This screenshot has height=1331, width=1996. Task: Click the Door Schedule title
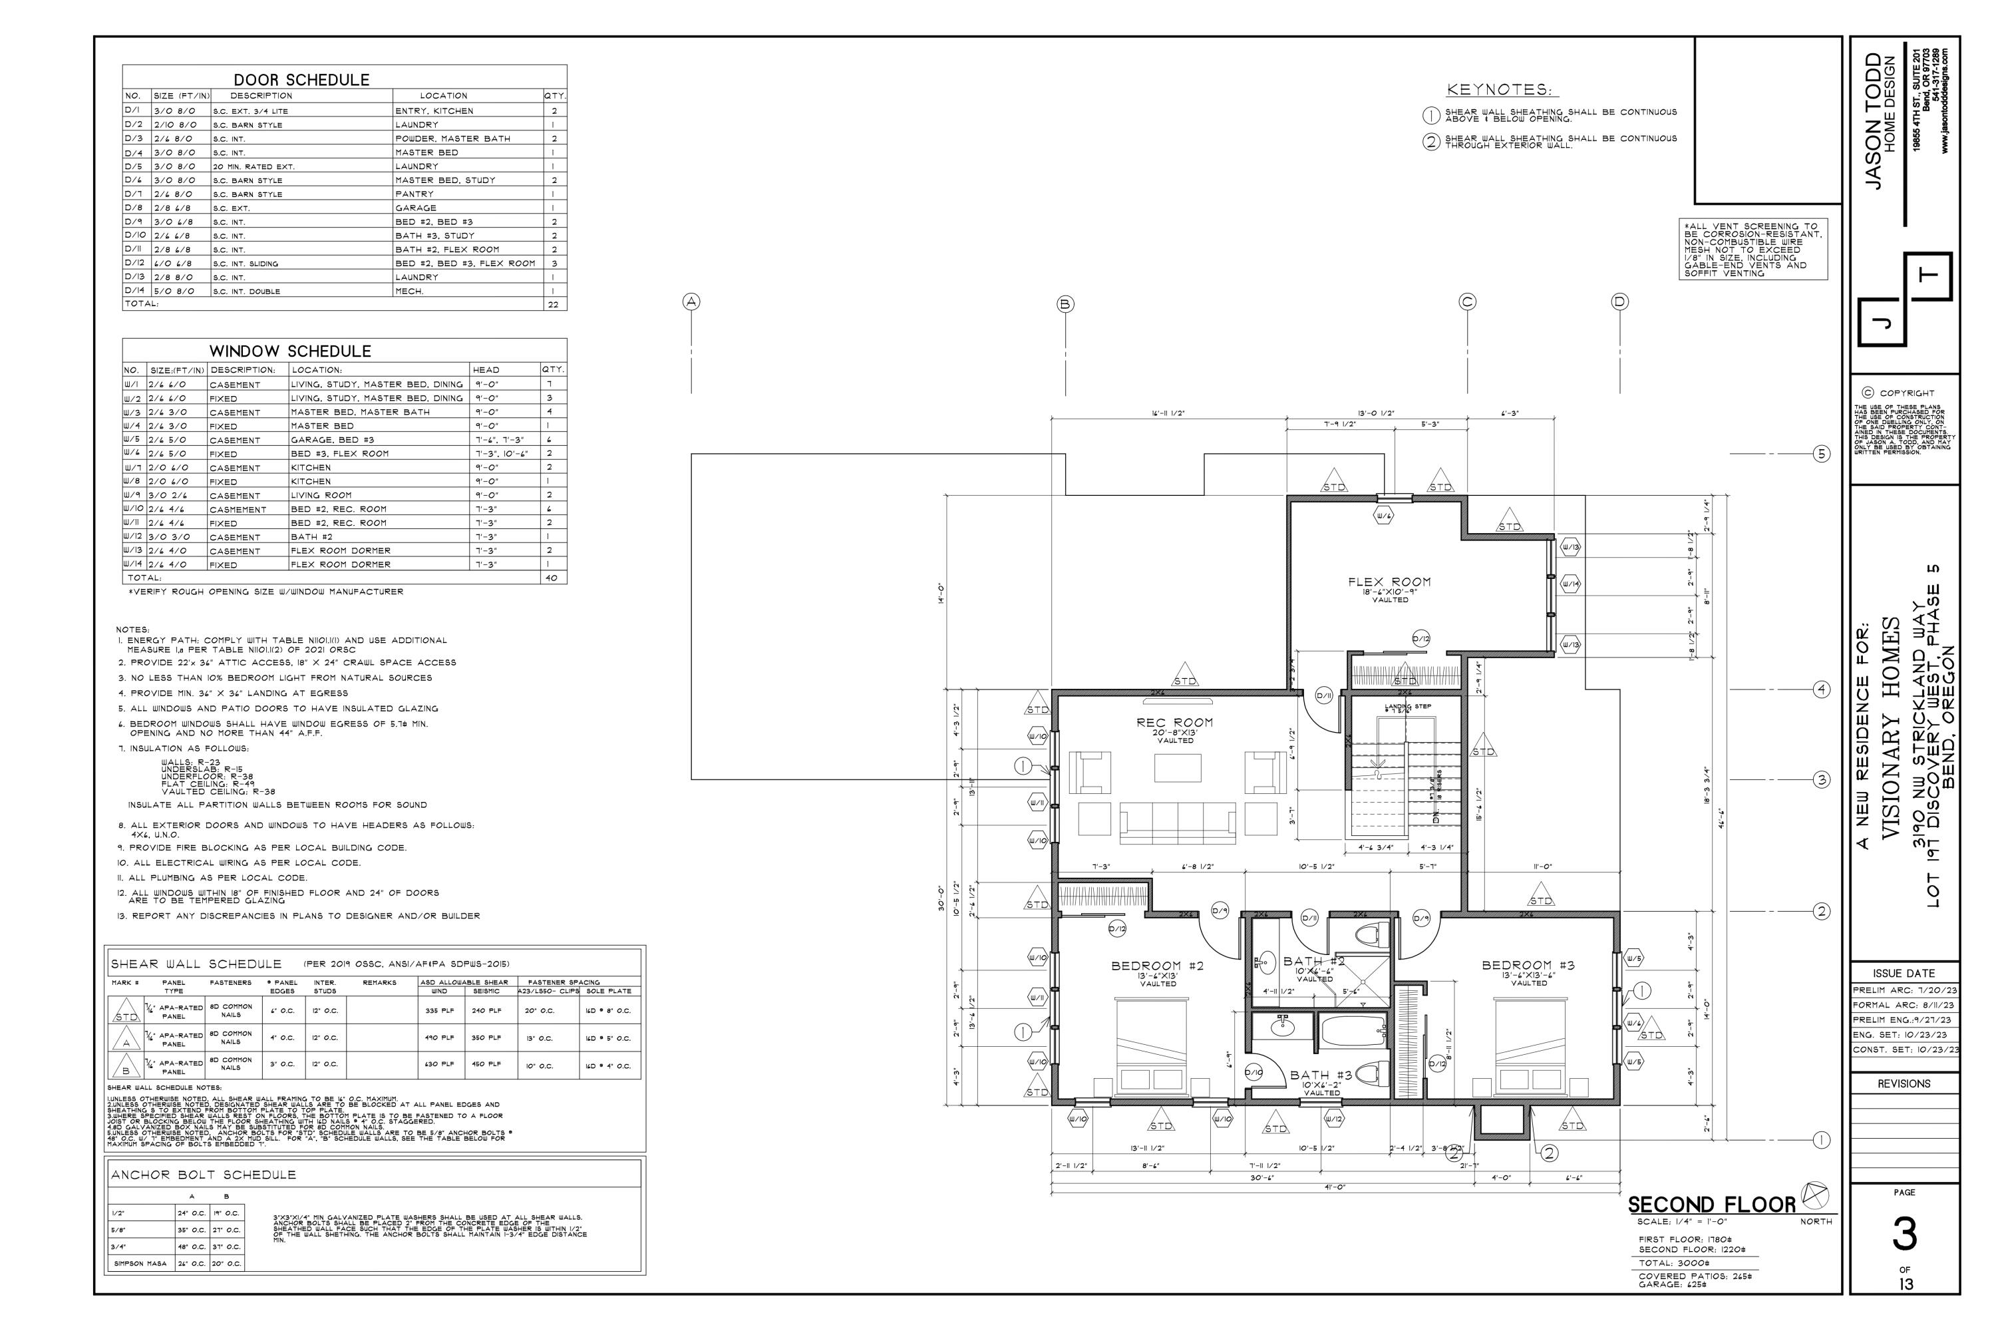pyautogui.click(x=301, y=80)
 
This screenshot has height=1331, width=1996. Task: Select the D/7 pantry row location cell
pyautogui.click(x=414, y=194)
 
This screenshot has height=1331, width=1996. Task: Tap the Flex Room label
pyautogui.click(x=1389, y=582)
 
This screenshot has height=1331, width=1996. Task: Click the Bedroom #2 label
pyautogui.click(x=1158, y=966)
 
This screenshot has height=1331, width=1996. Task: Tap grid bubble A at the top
pyautogui.click(x=693, y=302)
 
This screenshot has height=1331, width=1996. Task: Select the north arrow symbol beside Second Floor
pyautogui.click(x=1815, y=1195)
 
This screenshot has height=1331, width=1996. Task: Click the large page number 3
pyautogui.click(x=1904, y=1236)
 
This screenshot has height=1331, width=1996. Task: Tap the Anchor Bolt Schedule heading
pyautogui.click(x=203, y=1175)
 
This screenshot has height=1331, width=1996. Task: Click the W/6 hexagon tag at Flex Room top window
pyautogui.click(x=1384, y=515)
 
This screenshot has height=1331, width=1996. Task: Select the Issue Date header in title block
pyautogui.click(x=1904, y=974)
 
